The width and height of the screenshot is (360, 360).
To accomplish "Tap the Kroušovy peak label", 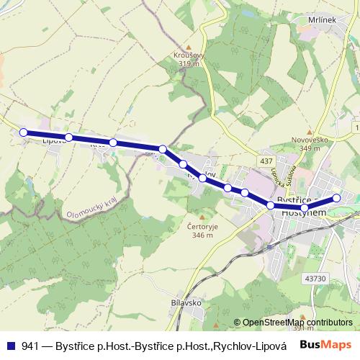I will tap(188, 55).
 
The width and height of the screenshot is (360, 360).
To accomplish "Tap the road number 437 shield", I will tap(267, 161).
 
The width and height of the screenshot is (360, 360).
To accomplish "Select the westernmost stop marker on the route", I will tap(23, 132).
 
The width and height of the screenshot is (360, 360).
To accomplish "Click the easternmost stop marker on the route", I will tap(336, 198).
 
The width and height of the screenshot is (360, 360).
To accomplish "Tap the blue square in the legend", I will tap(11, 346).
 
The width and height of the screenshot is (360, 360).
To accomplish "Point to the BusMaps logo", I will tap(324, 345).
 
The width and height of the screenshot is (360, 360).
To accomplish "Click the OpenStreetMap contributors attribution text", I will tap(297, 323).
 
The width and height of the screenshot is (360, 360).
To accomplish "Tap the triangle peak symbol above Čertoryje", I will tap(202, 217).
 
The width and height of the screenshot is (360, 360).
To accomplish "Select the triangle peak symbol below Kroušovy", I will tap(188, 71).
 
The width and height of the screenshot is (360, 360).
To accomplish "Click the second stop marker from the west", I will tap(68, 137).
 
